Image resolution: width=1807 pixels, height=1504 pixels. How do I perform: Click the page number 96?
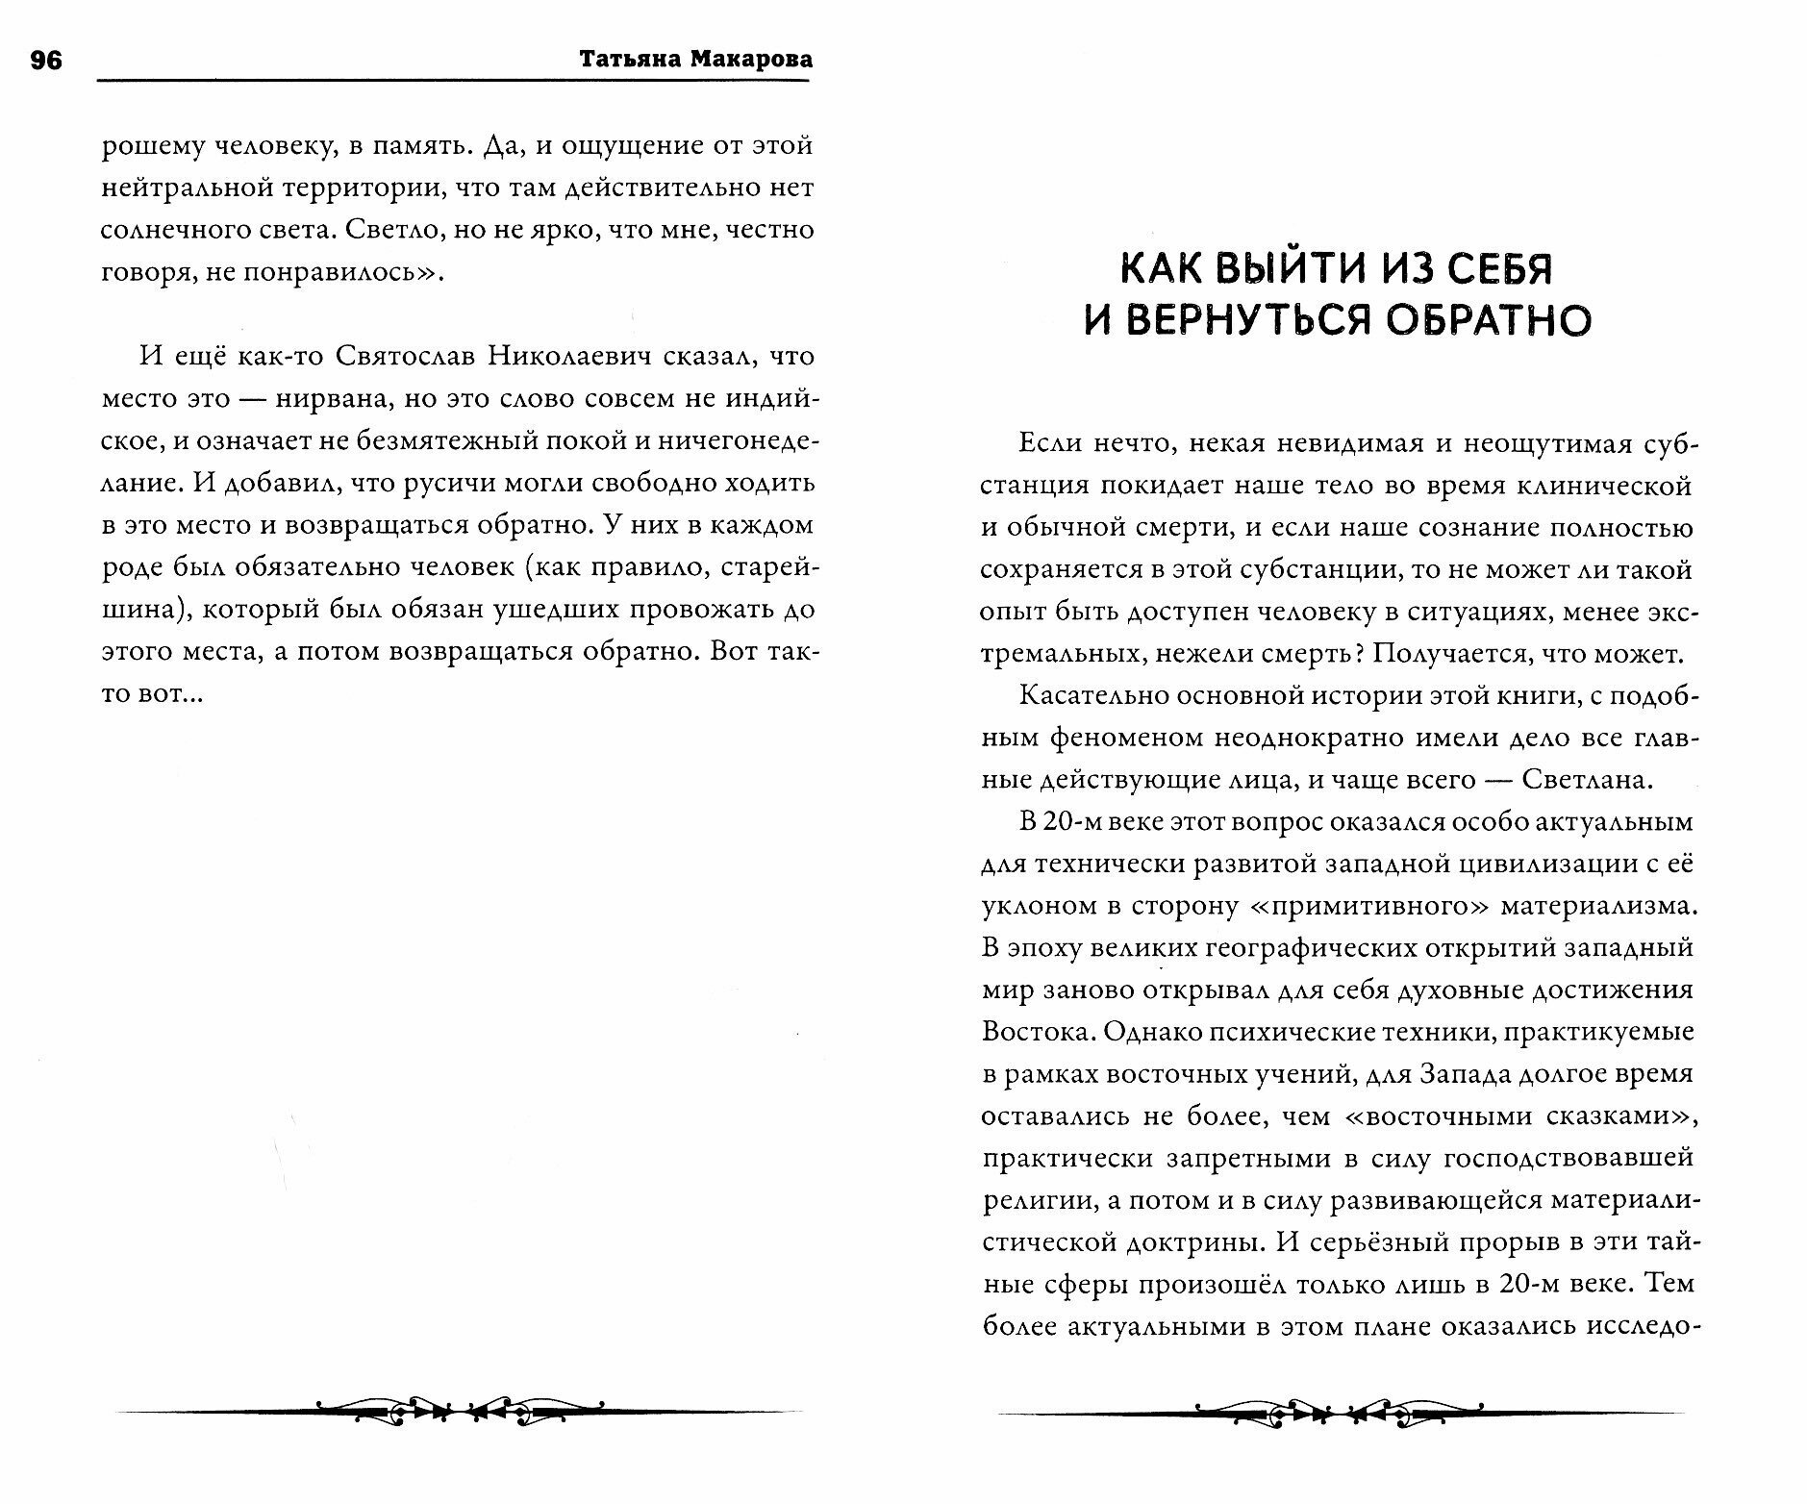[45, 60]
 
